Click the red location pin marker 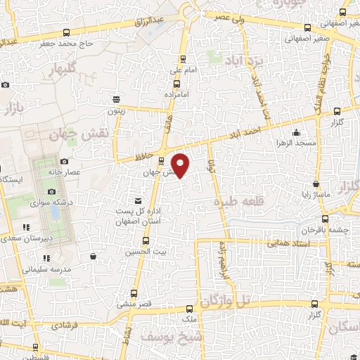(181, 165)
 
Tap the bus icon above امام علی (184, 59)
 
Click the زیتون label (115, 110)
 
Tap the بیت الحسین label (145, 251)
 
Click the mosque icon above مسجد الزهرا (297, 133)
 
